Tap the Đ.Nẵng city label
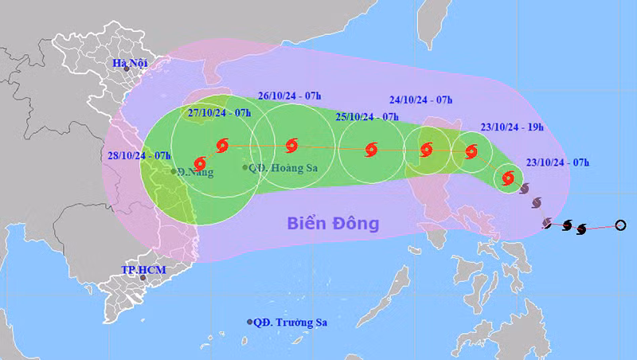[x=196, y=171]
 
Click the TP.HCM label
[x=143, y=270]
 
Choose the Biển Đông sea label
[x=334, y=223]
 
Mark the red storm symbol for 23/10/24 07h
[x=508, y=179]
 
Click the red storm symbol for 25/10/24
[x=371, y=150]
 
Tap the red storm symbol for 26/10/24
[x=291, y=146]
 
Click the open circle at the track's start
[x=621, y=225]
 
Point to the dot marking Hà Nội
[x=126, y=69]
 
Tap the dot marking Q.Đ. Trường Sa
[x=248, y=323]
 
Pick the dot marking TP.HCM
[x=143, y=278]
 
